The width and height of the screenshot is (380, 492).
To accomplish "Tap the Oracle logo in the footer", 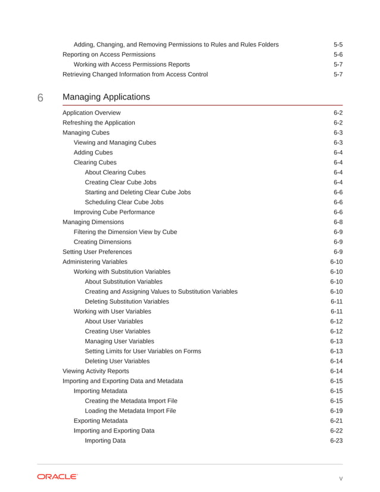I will (x=57, y=477).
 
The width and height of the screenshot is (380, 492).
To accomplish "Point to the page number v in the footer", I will (x=341, y=477).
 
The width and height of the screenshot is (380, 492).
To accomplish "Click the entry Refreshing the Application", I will (x=98, y=123).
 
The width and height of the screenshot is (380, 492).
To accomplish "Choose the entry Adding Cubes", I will (x=93, y=152).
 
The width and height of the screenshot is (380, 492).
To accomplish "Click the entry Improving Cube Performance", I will (x=114, y=212).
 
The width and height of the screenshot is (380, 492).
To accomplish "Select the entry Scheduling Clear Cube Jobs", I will (x=124, y=202).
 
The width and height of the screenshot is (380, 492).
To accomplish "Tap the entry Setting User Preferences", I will (x=97, y=252).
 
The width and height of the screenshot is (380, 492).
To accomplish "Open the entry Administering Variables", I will (x=95, y=261).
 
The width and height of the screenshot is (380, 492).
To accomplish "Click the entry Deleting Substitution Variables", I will (x=127, y=301).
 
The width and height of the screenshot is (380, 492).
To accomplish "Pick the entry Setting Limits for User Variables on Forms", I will (x=142, y=351).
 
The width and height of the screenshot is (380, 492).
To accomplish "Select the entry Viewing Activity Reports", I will (x=95, y=371).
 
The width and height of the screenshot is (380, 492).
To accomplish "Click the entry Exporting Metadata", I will (x=100, y=421).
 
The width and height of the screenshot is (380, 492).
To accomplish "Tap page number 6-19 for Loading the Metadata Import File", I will (x=336, y=410).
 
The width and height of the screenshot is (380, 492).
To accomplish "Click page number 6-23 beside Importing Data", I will (x=336, y=440).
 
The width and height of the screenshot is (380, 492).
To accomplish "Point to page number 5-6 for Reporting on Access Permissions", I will (x=338, y=54).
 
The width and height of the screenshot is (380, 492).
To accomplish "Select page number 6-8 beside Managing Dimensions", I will (x=338, y=222).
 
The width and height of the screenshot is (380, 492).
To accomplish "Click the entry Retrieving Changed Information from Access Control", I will (x=135, y=74).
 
